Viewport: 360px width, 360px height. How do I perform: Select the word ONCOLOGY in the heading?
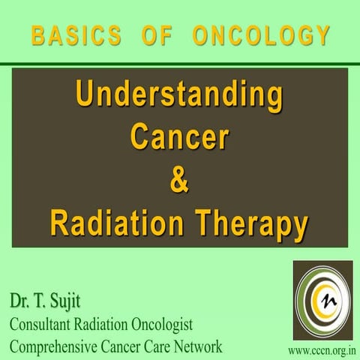point(261,34)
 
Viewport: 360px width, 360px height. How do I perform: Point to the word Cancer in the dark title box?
point(179,137)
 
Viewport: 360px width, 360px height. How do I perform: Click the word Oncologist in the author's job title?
point(160,325)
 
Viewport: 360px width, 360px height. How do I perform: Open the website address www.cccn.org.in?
point(322,350)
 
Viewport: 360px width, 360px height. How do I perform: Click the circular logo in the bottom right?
point(322,300)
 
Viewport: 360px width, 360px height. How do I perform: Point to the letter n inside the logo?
point(328,302)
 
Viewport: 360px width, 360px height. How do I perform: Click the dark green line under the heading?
point(180,64)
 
